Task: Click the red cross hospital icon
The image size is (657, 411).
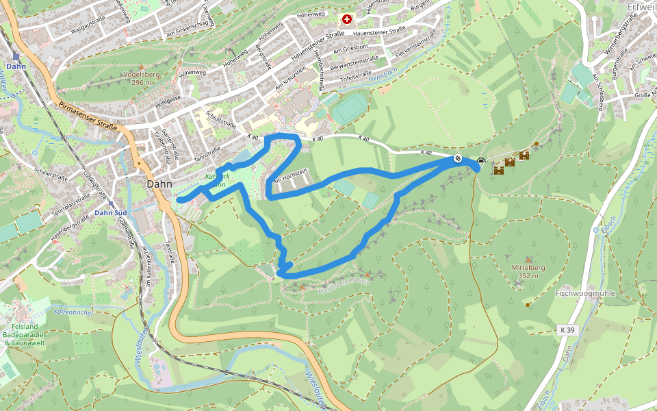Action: pyautogui.click(x=347, y=20)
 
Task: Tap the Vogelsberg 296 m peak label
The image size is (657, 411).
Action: pyautogui.click(x=141, y=78)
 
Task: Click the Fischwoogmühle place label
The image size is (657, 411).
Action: pyautogui.click(x=585, y=293)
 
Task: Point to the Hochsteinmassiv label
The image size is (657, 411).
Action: pyautogui.click(x=344, y=286)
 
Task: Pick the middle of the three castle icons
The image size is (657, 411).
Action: pyautogui.click(x=510, y=162)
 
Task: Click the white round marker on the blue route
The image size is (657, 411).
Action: pyautogui.click(x=458, y=159)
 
